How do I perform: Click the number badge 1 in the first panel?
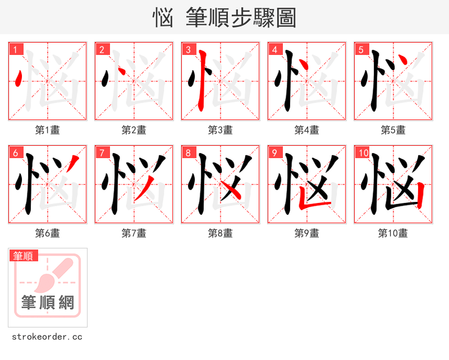[x=16, y=50]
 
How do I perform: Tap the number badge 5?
[x=361, y=50]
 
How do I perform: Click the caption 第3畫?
[x=220, y=130]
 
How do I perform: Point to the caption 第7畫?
[x=134, y=233]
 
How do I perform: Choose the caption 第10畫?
[x=393, y=233]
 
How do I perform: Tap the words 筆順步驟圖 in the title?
[x=236, y=18]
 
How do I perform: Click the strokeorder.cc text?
[x=47, y=337]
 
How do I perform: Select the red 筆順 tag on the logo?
[x=24, y=256]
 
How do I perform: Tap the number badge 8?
[x=189, y=153]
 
